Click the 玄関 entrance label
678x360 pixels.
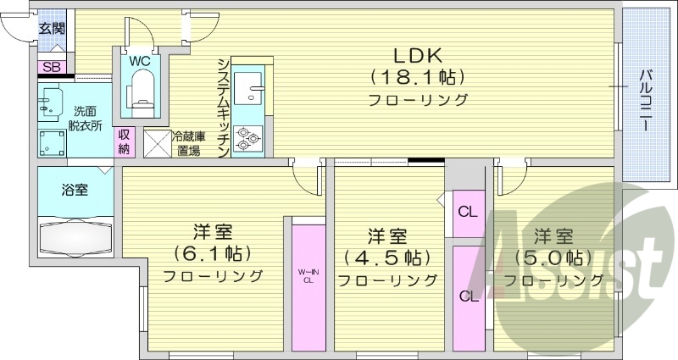coord(51,28)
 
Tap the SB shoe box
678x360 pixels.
coord(51,66)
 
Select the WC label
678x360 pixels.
coord(140,61)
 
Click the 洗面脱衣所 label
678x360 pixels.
coord(86,118)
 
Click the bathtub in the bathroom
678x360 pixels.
coord(75,236)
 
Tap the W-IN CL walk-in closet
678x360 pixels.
coord(308,276)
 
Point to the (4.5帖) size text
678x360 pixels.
coord(387,257)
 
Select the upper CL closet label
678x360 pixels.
coord(467,211)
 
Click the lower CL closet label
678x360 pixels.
coord(467,296)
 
